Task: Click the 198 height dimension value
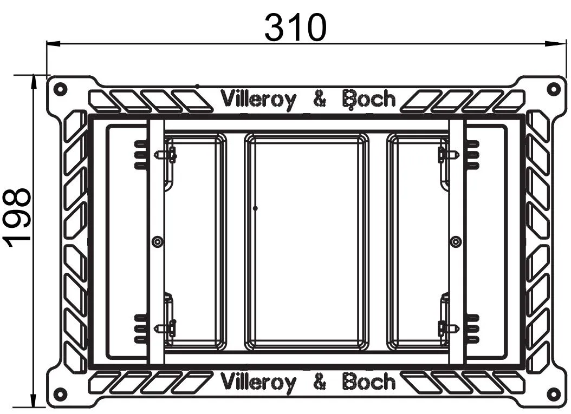19,218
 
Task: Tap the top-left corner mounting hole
60,88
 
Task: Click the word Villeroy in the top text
258,100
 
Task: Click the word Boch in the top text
369,100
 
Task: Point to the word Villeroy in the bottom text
258,383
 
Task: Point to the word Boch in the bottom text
369,383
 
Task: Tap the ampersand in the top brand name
320,100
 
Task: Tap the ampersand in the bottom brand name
320,383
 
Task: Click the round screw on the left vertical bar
157,241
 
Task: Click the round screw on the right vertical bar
456,241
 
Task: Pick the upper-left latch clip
167,155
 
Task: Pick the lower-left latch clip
167,327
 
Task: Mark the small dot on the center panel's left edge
255,208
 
